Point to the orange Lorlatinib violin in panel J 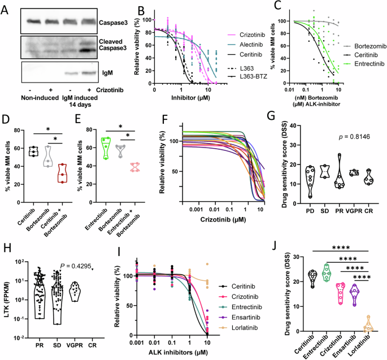click(x=369, y=324)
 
